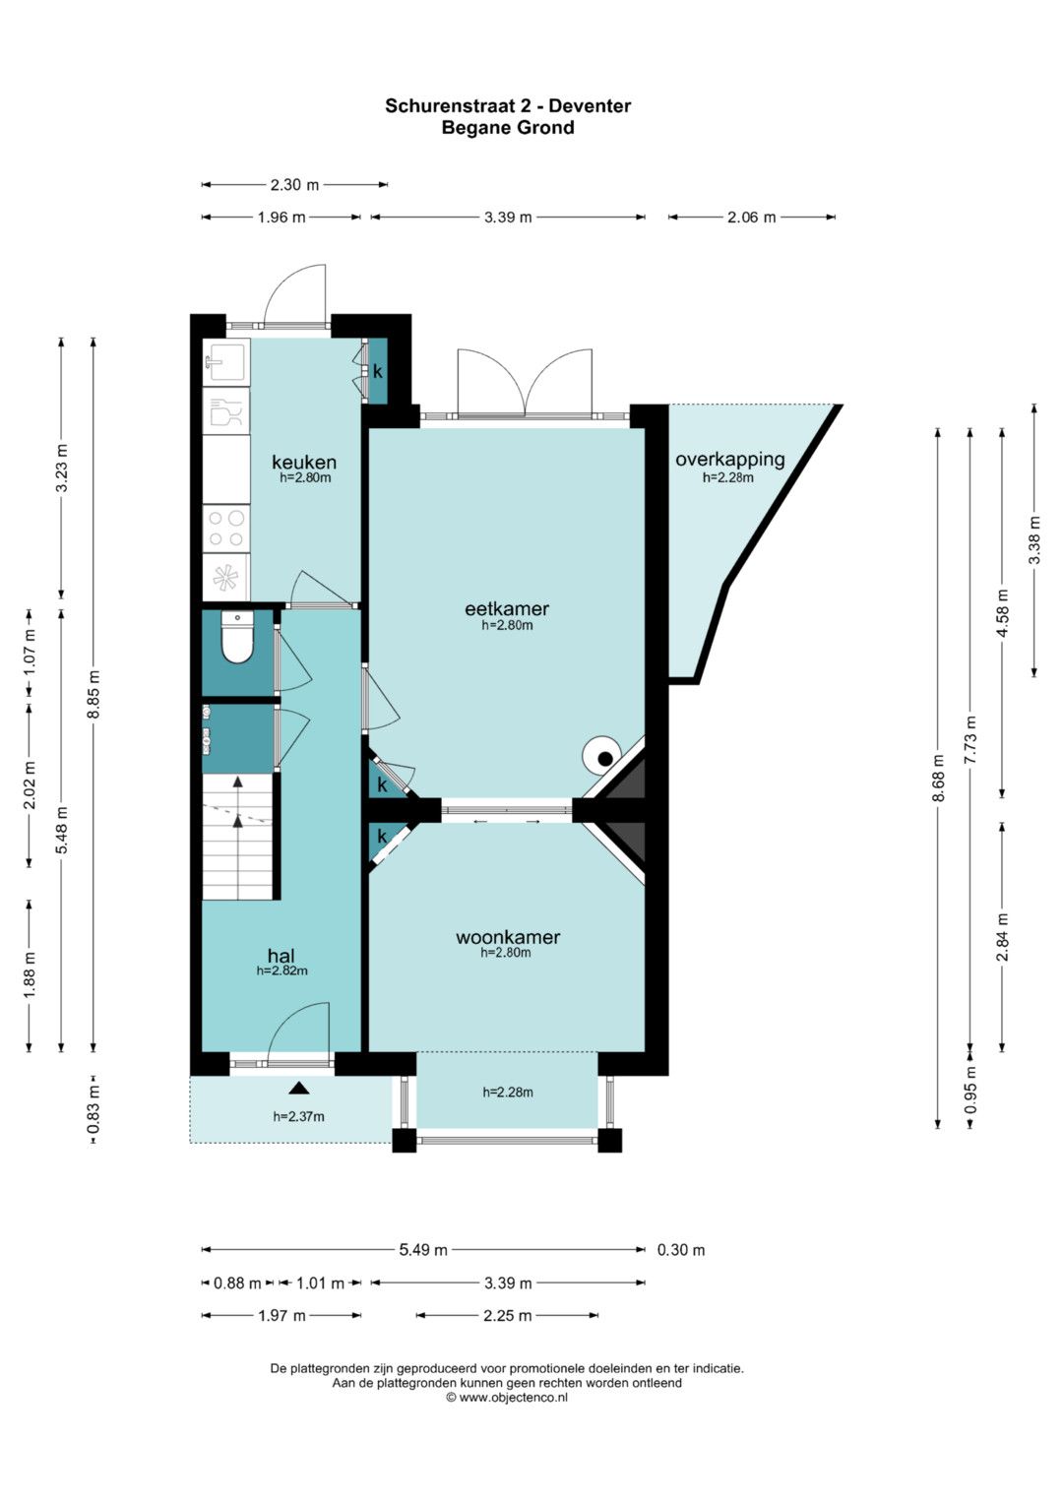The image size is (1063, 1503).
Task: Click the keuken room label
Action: click(x=304, y=462)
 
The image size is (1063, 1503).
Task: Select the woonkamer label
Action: click(x=507, y=937)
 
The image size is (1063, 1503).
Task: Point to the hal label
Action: click(x=281, y=956)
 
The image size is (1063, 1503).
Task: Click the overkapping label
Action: click(x=729, y=461)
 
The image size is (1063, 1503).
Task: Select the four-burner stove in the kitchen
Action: click(x=226, y=529)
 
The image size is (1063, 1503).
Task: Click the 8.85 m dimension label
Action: click(x=94, y=694)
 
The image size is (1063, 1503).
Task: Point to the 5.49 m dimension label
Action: click(x=423, y=1250)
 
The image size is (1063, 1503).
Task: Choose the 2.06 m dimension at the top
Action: click(x=752, y=218)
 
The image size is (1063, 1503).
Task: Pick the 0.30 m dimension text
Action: click(x=680, y=1250)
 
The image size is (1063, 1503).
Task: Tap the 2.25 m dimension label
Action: click(x=507, y=1316)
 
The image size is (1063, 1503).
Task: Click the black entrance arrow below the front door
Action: click(x=299, y=1089)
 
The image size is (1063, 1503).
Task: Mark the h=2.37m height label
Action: click(x=298, y=1116)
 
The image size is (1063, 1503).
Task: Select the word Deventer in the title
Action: click(x=590, y=106)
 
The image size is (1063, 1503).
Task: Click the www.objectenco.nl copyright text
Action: click(x=507, y=1397)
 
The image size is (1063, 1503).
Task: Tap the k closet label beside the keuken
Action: click(x=378, y=371)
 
